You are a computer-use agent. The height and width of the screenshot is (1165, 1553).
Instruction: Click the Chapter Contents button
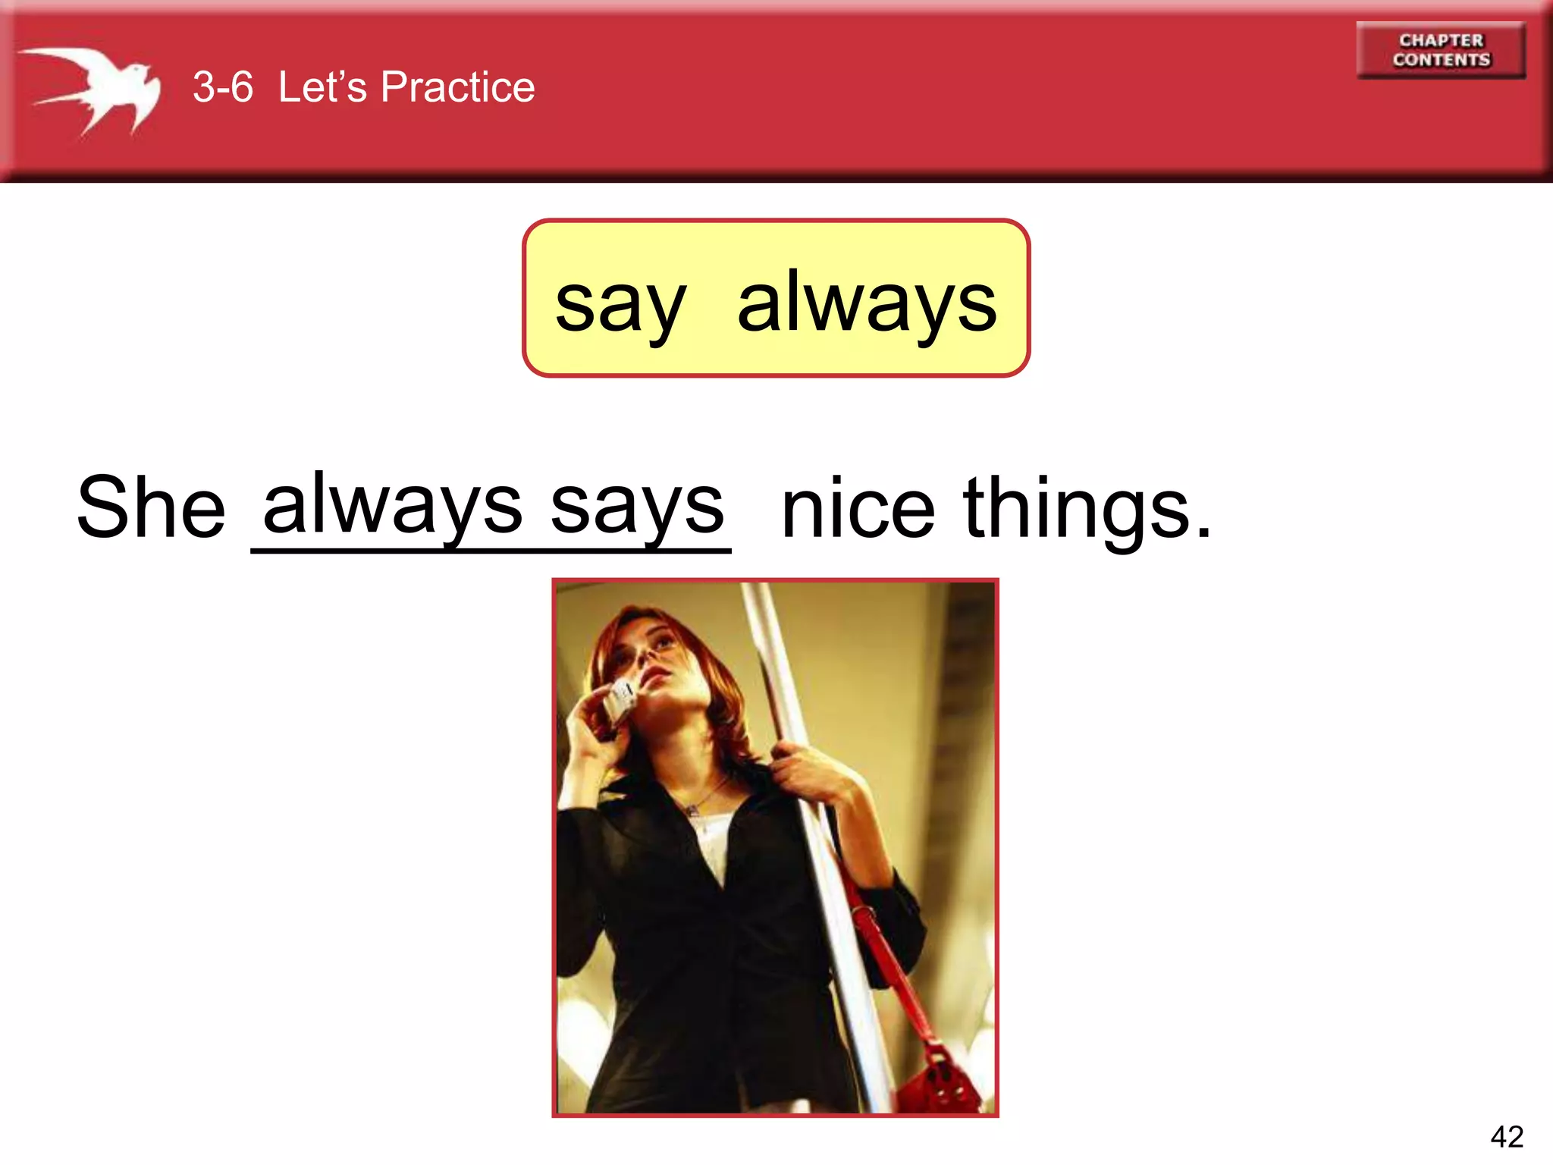(x=1441, y=50)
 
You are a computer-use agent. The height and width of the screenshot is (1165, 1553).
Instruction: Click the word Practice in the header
(x=457, y=86)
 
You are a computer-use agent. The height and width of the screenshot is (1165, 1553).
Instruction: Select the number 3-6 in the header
(x=222, y=86)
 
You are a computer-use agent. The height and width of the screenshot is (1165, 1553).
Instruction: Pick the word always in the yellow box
(x=867, y=303)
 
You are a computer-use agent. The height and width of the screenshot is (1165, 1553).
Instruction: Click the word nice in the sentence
(x=858, y=510)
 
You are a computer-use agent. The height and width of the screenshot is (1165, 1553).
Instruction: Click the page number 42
(x=1506, y=1136)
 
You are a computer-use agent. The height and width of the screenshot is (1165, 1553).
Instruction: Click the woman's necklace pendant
(x=692, y=811)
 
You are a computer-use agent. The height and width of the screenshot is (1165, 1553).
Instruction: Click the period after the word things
(x=1203, y=532)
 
